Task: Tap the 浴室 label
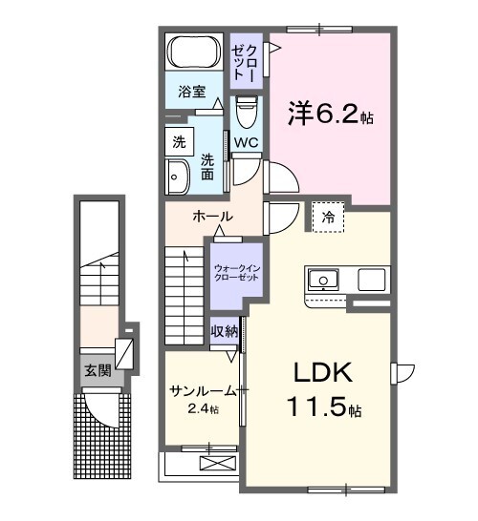(x=192, y=93)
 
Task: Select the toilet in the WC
(x=246, y=114)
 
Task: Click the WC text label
(x=246, y=144)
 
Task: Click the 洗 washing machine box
(x=178, y=142)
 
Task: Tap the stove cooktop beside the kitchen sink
(x=372, y=280)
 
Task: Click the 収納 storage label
(x=224, y=332)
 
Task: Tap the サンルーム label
(x=202, y=392)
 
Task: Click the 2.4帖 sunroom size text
(x=202, y=410)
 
